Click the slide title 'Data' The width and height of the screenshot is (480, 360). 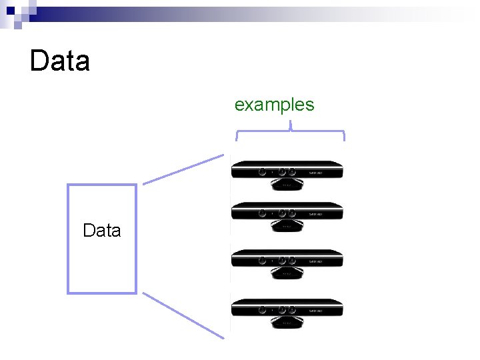[60, 61]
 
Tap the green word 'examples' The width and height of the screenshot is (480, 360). [274, 105]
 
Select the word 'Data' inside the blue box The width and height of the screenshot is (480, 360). [102, 231]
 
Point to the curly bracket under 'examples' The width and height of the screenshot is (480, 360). [291, 133]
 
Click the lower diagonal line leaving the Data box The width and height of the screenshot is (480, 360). [183, 315]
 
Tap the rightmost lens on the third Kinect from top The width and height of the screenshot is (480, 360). [292, 260]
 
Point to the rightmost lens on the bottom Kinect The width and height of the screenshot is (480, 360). [292, 309]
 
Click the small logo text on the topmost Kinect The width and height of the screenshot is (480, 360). [316, 172]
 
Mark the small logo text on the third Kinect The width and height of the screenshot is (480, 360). [316, 261]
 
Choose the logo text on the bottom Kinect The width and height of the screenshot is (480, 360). [316, 310]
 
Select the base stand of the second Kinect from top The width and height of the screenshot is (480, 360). [287, 227]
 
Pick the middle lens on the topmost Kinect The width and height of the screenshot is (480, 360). [283, 171]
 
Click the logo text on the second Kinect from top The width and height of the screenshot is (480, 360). [316, 214]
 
